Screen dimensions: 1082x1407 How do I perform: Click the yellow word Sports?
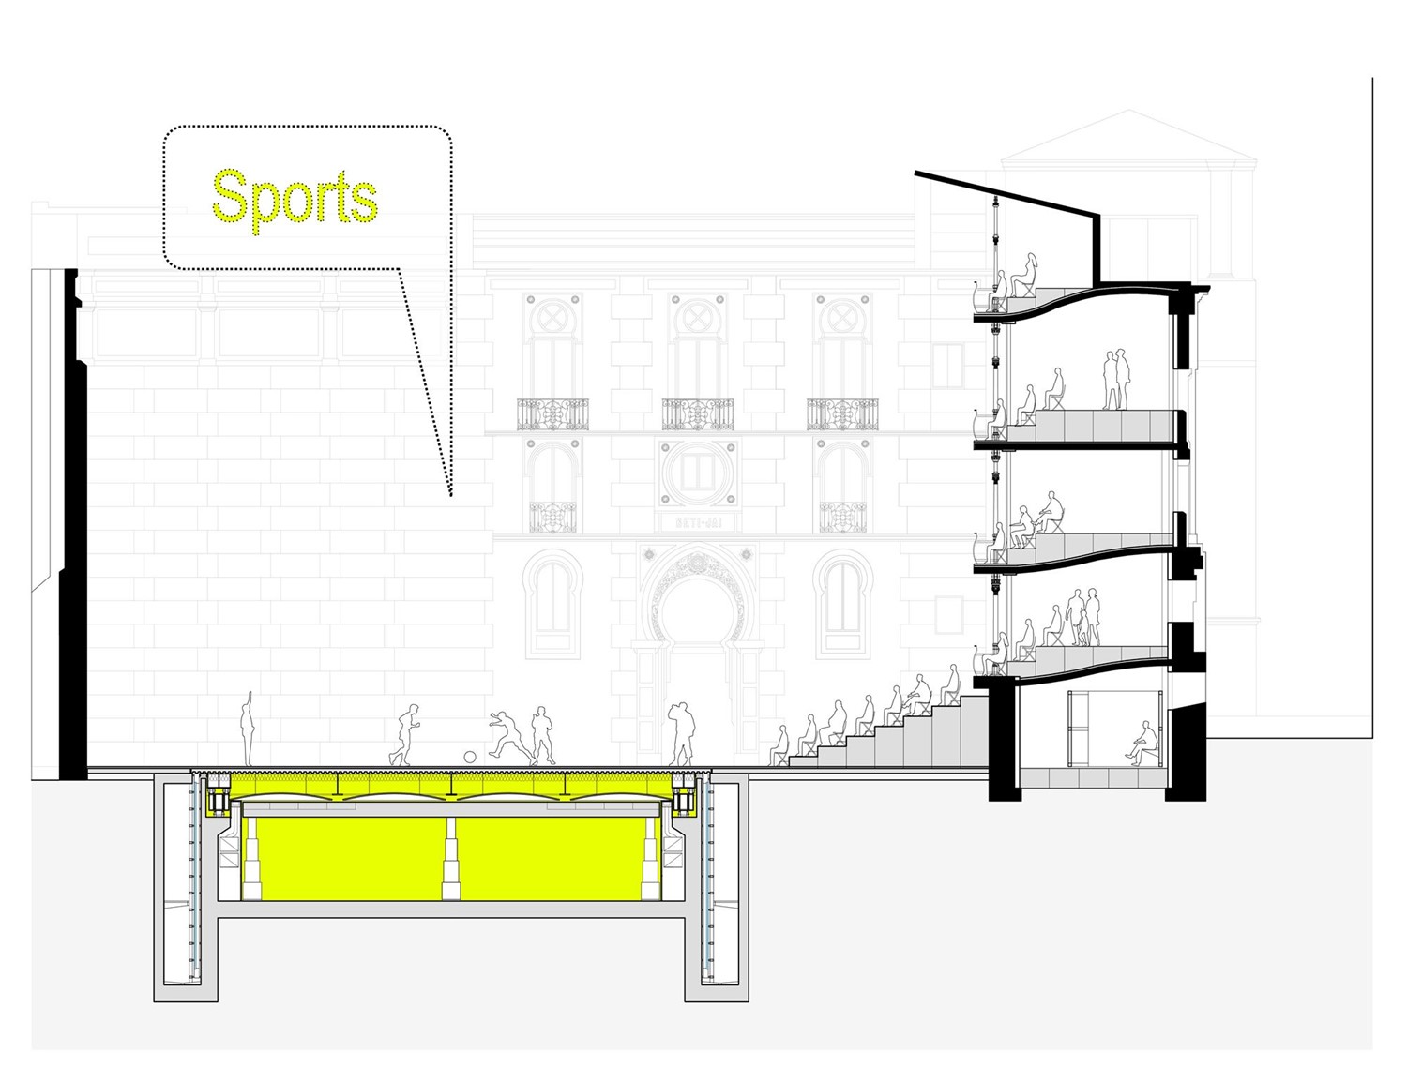[x=295, y=198]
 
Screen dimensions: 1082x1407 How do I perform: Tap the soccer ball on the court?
[x=470, y=757]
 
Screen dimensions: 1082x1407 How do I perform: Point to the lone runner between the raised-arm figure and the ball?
[x=405, y=736]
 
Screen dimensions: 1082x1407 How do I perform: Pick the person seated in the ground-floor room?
[x=1141, y=743]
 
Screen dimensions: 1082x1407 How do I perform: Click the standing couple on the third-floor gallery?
[x=1114, y=379]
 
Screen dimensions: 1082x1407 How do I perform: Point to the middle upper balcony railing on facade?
[x=697, y=413]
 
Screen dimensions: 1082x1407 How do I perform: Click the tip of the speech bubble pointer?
[x=451, y=494]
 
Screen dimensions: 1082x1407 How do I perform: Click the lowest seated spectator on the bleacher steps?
[x=780, y=745]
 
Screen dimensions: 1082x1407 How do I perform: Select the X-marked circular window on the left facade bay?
[x=552, y=318]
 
